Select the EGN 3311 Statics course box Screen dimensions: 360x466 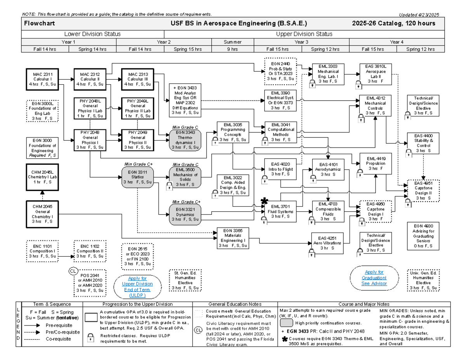pos(137,177)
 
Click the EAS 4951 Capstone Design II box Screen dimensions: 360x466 pos(423,190)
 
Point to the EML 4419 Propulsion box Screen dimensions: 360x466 pos(373,163)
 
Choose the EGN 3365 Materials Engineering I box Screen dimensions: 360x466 pos(233,238)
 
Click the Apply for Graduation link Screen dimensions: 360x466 pos(374,278)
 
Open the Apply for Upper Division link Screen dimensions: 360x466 pos(137,287)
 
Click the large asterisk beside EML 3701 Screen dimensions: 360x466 pos(264,201)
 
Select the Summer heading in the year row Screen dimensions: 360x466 pos(232,42)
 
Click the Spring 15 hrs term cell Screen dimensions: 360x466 pos(188,49)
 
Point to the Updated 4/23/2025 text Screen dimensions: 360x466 pos(420,15)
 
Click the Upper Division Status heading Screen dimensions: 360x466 pos(304,34)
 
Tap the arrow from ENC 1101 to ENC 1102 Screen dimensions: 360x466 pos(66,257)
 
